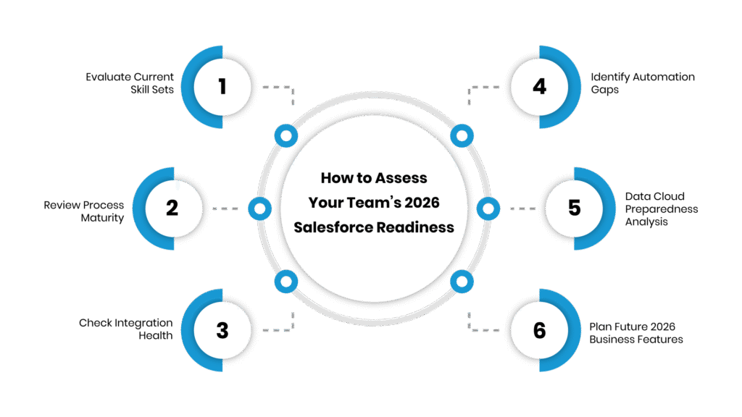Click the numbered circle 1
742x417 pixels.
point(222,87)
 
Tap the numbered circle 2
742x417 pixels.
point(172,208)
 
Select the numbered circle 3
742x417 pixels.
point(222,330)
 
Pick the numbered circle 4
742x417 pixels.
point(539,87)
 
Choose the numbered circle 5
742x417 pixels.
point(575,208)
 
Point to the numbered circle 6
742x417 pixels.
point(539,330)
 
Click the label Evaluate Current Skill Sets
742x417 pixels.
point(130,83)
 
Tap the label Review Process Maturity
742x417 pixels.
point(83,211)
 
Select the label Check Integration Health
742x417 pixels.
point(126,329)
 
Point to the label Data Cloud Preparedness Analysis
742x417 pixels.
point(661,208)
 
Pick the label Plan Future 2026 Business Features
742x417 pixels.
point(635,333)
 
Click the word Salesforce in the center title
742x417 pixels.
point(333,227)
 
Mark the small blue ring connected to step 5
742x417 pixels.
point(488,209)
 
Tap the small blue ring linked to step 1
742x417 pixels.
point(286,135)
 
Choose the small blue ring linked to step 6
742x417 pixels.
point(461,282)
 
